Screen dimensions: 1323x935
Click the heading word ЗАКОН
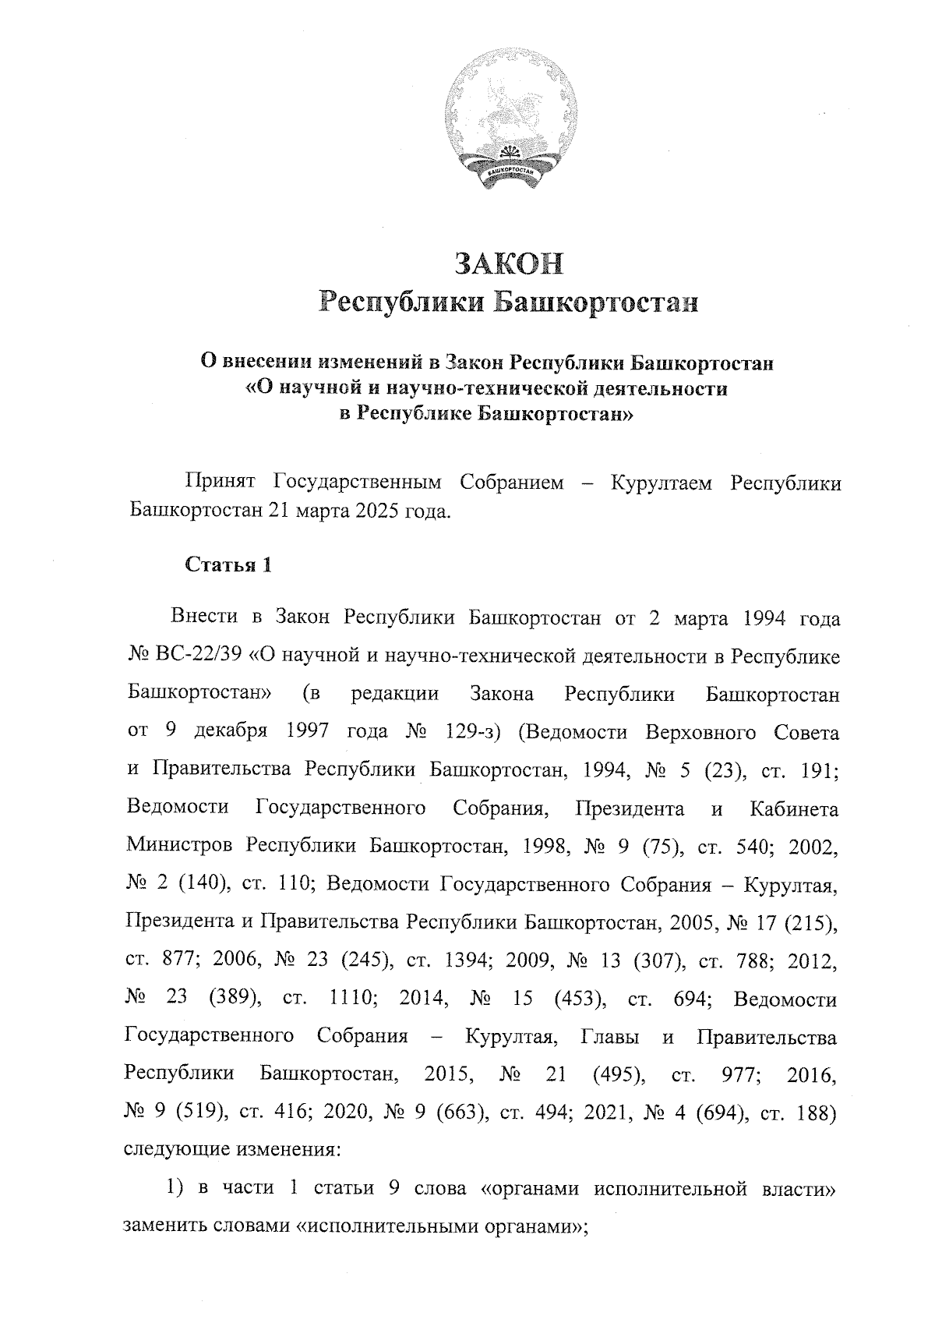[x=508, y=264]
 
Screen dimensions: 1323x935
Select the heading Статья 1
[x=228, y=565]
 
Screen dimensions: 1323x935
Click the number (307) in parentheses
[x=654, y=961]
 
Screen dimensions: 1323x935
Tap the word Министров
[x=178, y=847]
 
